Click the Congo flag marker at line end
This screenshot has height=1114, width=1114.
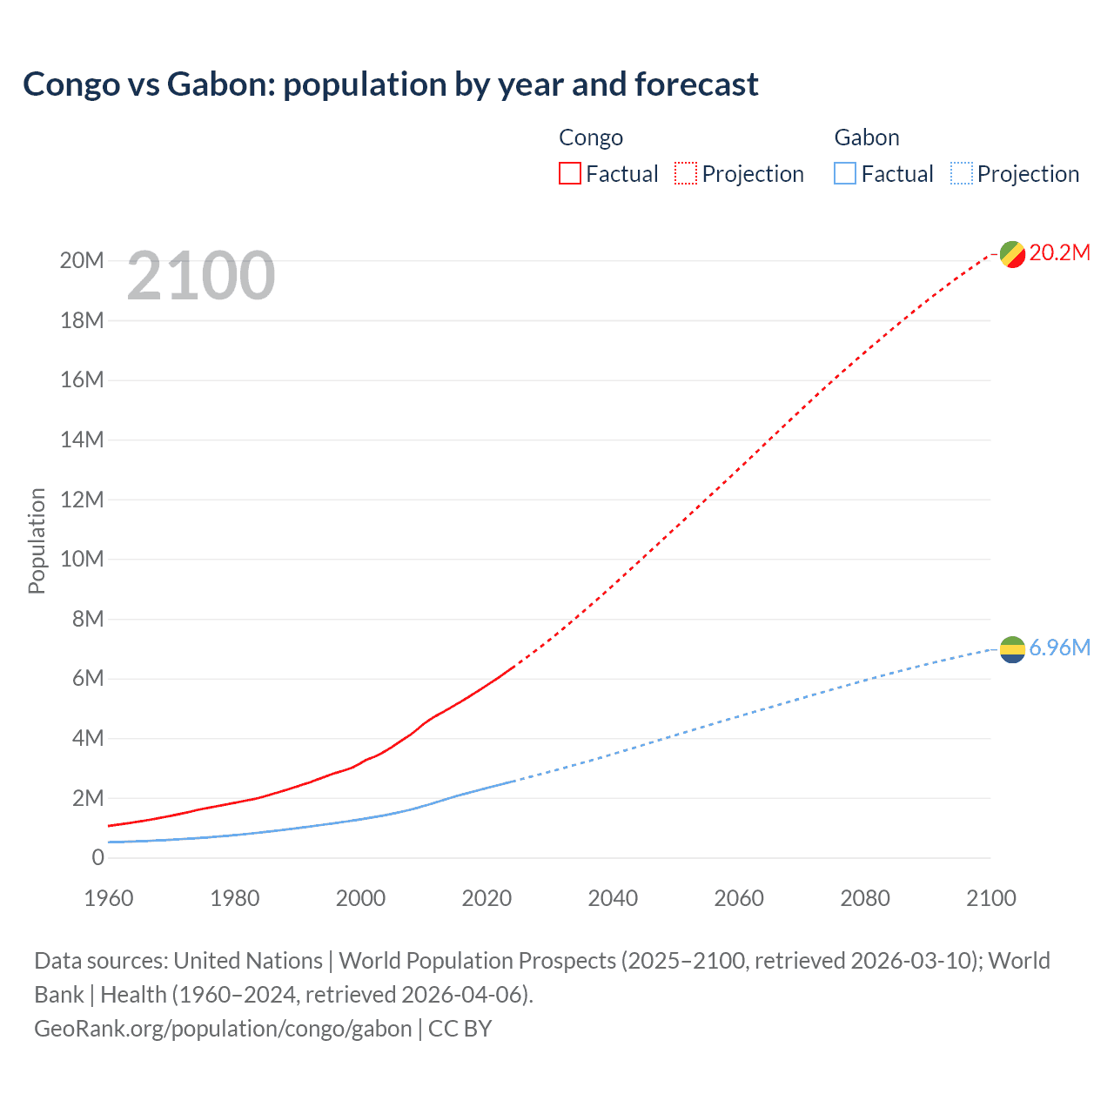1012,254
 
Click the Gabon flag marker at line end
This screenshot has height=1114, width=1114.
1012,649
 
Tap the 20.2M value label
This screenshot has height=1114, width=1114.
1059,253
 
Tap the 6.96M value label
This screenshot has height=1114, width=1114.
1059,648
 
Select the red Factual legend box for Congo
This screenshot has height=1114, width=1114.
569,174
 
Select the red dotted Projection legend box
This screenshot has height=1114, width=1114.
686,174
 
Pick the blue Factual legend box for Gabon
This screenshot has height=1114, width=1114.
844,174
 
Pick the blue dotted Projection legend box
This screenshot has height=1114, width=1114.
961,174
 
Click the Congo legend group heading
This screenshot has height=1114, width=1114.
590,138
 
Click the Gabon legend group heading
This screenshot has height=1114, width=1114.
866,138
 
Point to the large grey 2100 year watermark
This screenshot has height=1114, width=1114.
201,277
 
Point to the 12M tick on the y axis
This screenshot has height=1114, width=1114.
82,500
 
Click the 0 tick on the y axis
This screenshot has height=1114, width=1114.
97,858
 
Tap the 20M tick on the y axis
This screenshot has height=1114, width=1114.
82,261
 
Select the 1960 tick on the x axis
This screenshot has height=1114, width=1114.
109,898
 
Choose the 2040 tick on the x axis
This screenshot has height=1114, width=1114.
613,898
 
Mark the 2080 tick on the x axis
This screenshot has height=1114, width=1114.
865,898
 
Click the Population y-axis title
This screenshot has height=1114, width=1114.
37,540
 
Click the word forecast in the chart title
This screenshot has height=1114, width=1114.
696,84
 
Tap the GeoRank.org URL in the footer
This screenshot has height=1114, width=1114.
223,1029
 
